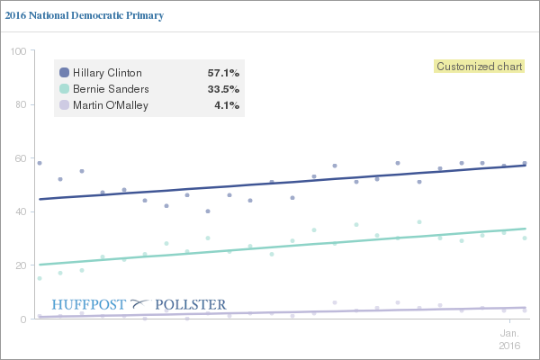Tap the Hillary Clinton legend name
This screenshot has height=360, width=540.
coord(107,72)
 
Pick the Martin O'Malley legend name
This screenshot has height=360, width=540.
coord(111,106)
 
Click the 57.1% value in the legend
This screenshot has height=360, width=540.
coord(223,72)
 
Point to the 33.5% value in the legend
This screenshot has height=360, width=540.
coord(223,89)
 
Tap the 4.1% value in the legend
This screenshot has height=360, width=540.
coord(227,106)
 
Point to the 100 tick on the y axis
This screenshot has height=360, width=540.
coord(15,51)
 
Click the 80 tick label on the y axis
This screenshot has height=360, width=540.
coord(18,105)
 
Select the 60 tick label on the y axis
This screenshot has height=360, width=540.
coord(18,158)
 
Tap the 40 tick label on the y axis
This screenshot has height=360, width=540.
coord(18,212)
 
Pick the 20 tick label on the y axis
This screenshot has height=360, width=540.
coord(18,265)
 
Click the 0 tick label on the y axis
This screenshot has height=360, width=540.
coord(21,319)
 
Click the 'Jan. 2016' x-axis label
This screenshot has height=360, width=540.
coord(509,338)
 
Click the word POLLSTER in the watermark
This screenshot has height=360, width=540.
coord(192,304)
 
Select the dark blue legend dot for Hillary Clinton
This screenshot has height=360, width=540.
coord(64,72)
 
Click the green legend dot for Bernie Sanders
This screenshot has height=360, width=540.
coord(64,89)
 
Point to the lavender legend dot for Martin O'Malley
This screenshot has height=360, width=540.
coord(64,106)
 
